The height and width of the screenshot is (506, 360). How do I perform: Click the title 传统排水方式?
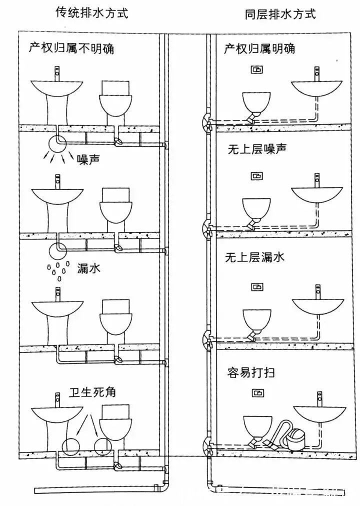pyautogui.click(x=91, y=13)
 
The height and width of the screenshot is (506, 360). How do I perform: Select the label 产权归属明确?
pyautogui.click(x=259, y=48)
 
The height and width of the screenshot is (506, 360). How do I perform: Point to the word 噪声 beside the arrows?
pyautogui.click(x=90, y=159)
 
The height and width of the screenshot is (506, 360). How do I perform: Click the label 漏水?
pyautogui.click(x=89, y=268)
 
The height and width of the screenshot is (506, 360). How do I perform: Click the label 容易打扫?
pyautogui.click(x=252, y=373)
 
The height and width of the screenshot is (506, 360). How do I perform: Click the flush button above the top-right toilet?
pyautogui.click(x=256, y=69)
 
